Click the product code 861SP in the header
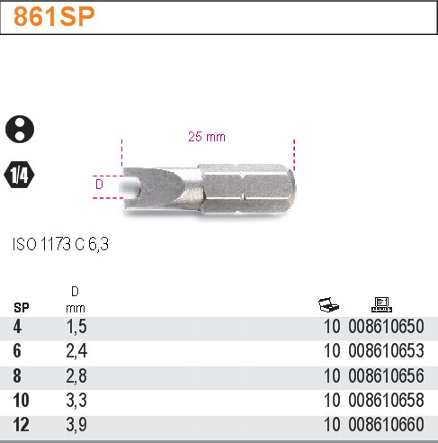pos(53,17)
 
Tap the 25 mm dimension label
pos(206,138)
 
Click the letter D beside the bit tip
pos(99,186)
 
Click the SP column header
pos(21,307)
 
